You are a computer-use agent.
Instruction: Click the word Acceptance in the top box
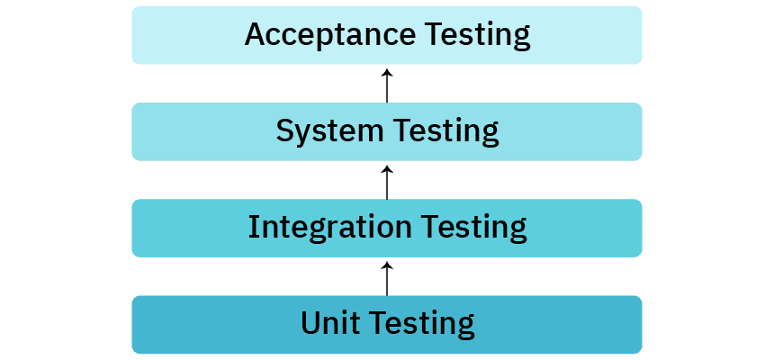click(x=330, y=34)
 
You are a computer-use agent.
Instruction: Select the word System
click(x=329, y=131)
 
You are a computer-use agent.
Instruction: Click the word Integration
click(x=329, y=228)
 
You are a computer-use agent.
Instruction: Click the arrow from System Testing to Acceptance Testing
click(x=387, y=85)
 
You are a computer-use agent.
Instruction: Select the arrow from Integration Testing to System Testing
click(x=387, y=183)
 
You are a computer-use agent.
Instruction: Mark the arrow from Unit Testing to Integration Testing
click(x=387, y=279)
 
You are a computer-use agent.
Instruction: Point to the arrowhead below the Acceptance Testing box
click(x=387, y=72)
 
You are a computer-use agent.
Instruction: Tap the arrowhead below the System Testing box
click(x=387, y=169)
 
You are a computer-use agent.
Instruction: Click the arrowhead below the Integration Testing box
click(x=387, y=265)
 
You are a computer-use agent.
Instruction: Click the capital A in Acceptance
click(x=256, y=34)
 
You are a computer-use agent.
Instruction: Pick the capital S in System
click(x=284, y=131)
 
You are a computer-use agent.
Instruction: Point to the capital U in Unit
click(x=310, y=323)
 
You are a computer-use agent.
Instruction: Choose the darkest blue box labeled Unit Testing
click(x=387, y=324)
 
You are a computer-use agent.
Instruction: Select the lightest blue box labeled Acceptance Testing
click(x=387, y=35)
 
